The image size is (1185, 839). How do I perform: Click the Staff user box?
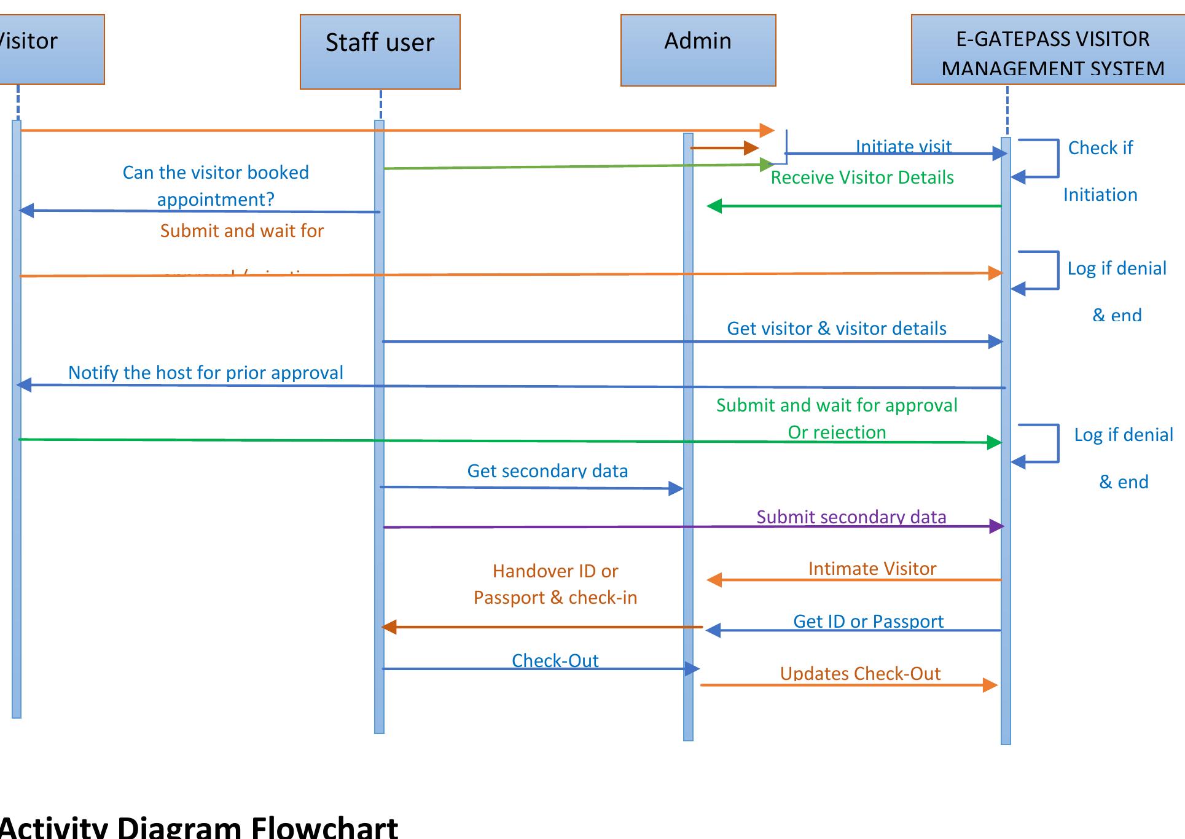click(380, 52)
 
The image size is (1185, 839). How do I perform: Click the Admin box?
click(698, 50)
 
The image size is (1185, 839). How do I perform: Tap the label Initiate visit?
click(903, 146)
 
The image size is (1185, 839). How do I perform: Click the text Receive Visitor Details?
click(862, 178)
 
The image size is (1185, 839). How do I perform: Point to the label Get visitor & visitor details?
click(836, 329)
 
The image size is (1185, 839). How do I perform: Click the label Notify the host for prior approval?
click(205, 373)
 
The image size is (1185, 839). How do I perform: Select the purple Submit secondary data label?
click(851, 517)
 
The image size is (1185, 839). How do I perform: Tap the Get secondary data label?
click(547, 471)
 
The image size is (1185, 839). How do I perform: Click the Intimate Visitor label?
click(872, 569)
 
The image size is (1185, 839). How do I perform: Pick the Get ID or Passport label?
click(868, 622)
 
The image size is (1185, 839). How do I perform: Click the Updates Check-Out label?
click(860, 674)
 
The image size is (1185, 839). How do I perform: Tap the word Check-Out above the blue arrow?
click(555, 661)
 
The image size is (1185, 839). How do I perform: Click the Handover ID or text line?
click(555, 571)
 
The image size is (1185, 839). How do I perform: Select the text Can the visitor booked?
click(216, 173)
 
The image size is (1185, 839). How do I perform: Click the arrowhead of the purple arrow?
click(996, 526)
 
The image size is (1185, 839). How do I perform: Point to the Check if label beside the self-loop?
click(1100, 148)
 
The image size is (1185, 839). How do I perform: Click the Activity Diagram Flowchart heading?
click(198, 827)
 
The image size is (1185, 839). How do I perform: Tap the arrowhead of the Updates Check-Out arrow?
click(990, 685)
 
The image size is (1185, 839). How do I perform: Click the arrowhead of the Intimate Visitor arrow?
click(714, 580)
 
